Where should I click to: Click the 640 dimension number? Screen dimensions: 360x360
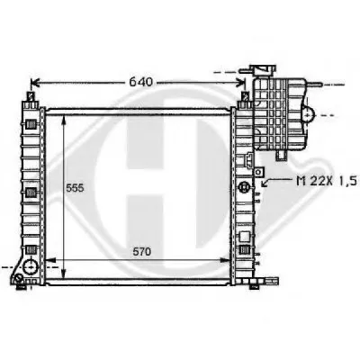(x=140, y=82)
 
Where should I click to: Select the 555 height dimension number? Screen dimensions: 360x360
(x=75, y=188)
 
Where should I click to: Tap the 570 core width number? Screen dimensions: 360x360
(x=142, y=252)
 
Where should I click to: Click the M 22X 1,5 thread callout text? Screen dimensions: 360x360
(x=326, y=181)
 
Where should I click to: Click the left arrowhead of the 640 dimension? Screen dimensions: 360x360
(x=35, y=83)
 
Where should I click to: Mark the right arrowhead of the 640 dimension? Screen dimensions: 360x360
(x=241, y=82)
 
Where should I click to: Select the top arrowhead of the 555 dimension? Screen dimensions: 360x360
(x=64, y=120)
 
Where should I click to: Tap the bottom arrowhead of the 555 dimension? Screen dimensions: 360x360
(x=63, y=274)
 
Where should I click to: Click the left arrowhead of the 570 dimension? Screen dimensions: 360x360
(x=49, y=260)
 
